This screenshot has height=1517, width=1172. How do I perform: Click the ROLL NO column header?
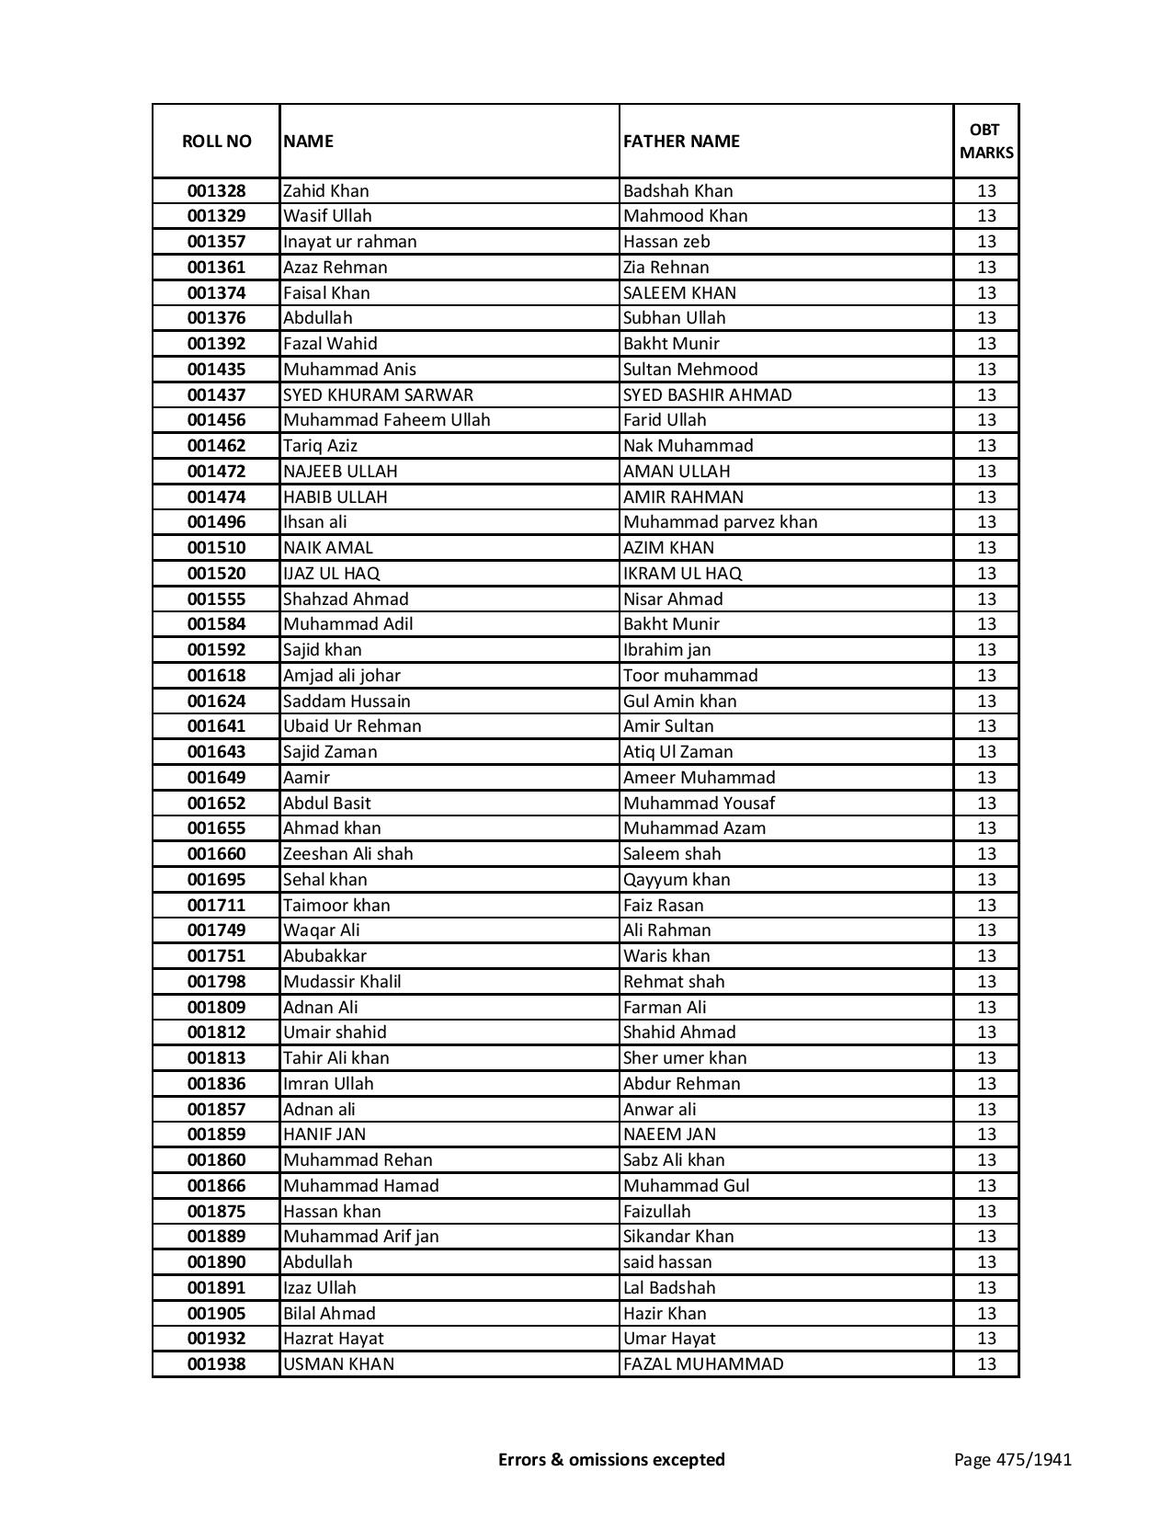click(216, 141)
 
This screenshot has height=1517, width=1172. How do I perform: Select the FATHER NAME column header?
click(681, 141)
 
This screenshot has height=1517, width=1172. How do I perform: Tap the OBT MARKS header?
click(986, 141)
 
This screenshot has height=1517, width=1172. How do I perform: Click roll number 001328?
click(216, 191)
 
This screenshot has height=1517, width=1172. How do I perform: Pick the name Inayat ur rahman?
click(349, 242)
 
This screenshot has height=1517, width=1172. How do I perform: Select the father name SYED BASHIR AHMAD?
click(707, 394)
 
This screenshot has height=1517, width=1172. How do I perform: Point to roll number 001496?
click(216, 522)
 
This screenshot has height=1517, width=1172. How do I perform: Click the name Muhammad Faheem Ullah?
click(386, 420)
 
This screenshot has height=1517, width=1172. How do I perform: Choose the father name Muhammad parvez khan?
click(720, 522)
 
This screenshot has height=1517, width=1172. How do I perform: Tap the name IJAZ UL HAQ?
click(331, 573)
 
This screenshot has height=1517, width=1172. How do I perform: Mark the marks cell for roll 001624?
click(986, 701)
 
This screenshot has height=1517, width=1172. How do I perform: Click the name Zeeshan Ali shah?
click(347, 854)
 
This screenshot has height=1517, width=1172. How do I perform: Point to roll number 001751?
click(216, 956)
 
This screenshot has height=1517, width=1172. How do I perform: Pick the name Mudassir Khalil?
click(342, 982)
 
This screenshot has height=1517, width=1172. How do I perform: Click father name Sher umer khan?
click(685, 1058)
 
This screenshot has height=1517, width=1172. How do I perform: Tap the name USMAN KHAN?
click(338, 1364)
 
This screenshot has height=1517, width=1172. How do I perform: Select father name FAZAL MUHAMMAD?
click(703, 1364)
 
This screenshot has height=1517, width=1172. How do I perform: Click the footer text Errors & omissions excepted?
click(611, 1459)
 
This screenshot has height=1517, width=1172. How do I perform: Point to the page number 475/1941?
click(1013, 1459)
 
